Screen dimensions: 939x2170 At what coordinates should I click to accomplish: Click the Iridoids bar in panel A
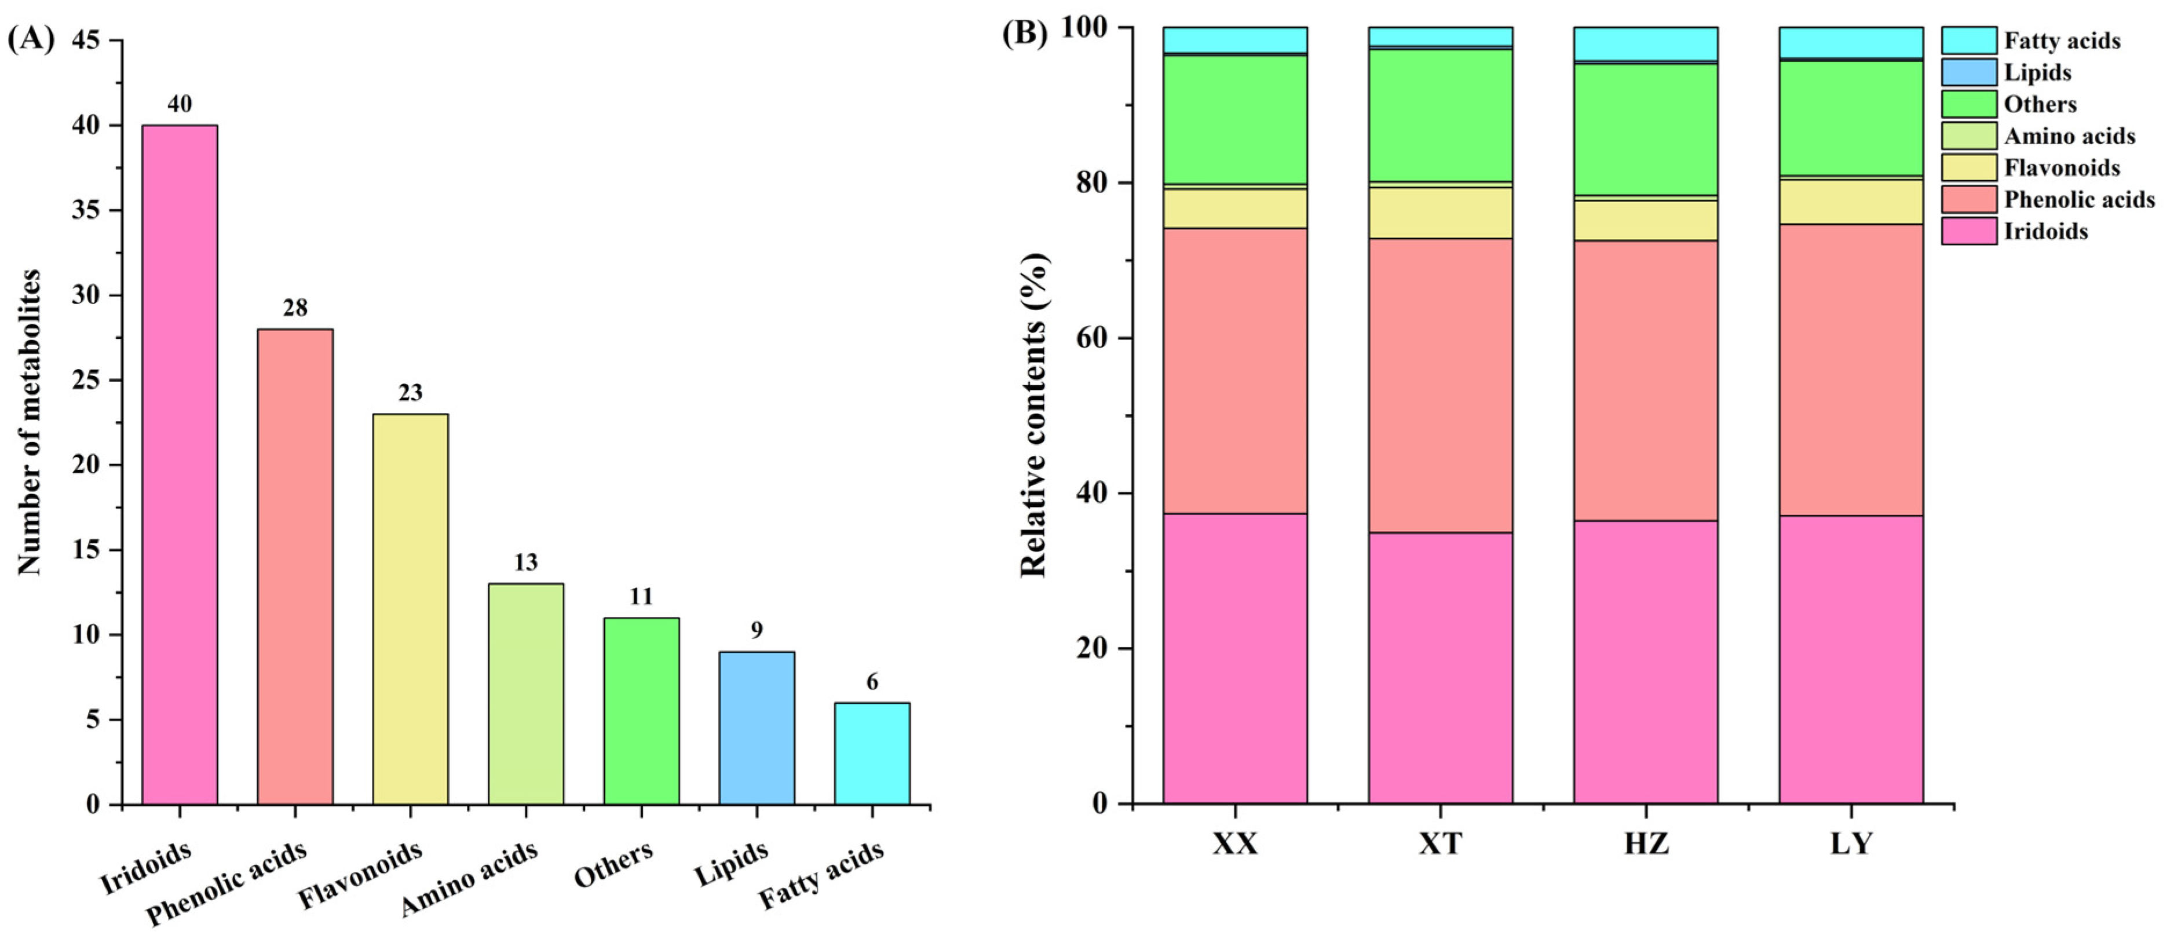pos(180,464)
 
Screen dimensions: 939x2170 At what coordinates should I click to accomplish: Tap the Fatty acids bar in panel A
pos(872,753)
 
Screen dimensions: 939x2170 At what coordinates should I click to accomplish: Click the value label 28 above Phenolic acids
pos(295,308)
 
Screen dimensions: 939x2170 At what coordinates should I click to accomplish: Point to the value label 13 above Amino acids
pos(525,562)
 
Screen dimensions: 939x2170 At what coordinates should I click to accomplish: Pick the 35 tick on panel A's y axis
pos(85,210)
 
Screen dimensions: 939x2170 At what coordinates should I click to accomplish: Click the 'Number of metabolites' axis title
pos(30,423)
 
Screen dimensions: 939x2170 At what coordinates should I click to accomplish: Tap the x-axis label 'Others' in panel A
pos(613,864)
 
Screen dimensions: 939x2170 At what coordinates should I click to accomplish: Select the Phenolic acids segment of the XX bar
pos(1235,371)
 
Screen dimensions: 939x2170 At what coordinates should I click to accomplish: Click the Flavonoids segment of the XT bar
pos(1440,212)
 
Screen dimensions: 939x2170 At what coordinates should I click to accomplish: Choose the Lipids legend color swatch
pos(1968,72)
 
